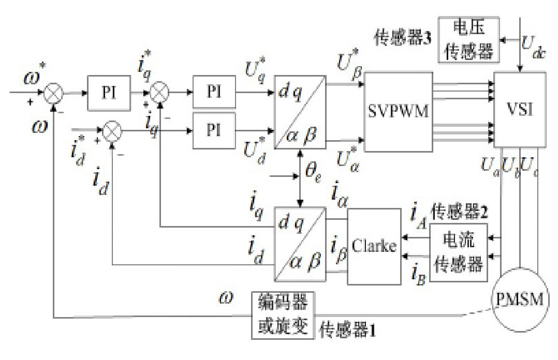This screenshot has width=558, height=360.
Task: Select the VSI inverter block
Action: tap(520, 110)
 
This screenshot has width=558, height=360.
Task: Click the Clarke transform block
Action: tap(374, 246)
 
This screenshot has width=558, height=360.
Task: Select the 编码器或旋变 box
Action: tap(283, 315)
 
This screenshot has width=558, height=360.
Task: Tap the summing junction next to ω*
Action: tap(53, 94)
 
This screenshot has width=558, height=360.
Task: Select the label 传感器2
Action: tap(461, 212)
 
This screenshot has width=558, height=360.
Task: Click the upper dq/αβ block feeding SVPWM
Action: tap(300, 111)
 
